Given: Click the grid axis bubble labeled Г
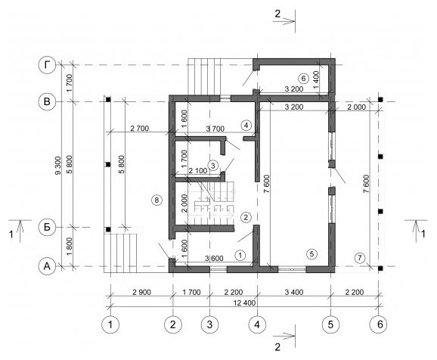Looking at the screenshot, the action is click(x=47, y=65).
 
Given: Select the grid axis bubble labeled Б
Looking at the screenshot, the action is click(x=47, y=227).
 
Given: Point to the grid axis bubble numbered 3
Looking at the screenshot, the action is click(x=209, y=324).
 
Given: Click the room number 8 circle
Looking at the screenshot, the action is click(x=157, y=200).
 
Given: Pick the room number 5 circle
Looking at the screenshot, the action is click(x=311, y=254).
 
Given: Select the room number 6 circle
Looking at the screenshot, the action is click(x=303, y=79).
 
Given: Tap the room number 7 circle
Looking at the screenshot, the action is click(x=360, y=258).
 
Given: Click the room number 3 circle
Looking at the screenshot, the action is click(x=213, y=166).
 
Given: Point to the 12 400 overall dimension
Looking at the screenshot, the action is click(x=244, y=303).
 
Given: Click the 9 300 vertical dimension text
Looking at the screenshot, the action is click(x=57, y=165).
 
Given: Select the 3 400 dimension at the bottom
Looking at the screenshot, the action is click(x=294, y=292).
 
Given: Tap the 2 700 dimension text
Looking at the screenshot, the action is click(x=139, y=129).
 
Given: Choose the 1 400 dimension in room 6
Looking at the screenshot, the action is click(x=317, y=80).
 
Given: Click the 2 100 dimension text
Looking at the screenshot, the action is click(x=197, y=170).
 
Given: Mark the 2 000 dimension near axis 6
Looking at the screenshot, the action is click(x=356, y=107).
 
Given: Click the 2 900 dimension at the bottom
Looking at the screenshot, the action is click(x=141, y=292).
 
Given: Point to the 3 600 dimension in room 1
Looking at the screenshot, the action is click(x=214, y=259).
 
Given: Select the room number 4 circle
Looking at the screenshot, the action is click(x=246, y=126).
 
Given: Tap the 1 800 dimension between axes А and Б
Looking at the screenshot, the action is click(x=70, y=247).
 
